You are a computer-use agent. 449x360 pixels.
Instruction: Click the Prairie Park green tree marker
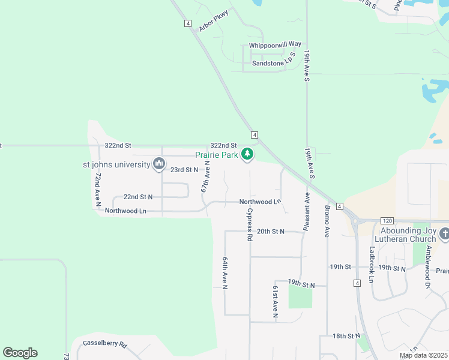(247, 155)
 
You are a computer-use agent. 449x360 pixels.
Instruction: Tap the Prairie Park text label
(217, 155)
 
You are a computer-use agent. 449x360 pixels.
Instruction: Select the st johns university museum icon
(159, 163)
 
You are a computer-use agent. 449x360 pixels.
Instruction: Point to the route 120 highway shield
(387, 221)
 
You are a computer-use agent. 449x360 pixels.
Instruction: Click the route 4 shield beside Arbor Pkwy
(188, 23)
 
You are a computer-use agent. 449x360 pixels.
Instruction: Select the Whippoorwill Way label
(275, 44)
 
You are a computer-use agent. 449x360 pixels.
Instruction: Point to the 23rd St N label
(184, 170)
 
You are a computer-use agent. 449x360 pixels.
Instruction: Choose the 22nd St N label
(138, 197)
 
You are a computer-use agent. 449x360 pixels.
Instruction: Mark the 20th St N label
(270, 231)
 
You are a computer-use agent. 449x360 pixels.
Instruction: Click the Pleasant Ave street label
(307, 211)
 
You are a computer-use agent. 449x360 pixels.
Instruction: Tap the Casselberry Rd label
(105, 345)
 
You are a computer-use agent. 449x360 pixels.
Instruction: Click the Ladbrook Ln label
(372, 264)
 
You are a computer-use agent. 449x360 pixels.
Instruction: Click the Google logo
(20, 353)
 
